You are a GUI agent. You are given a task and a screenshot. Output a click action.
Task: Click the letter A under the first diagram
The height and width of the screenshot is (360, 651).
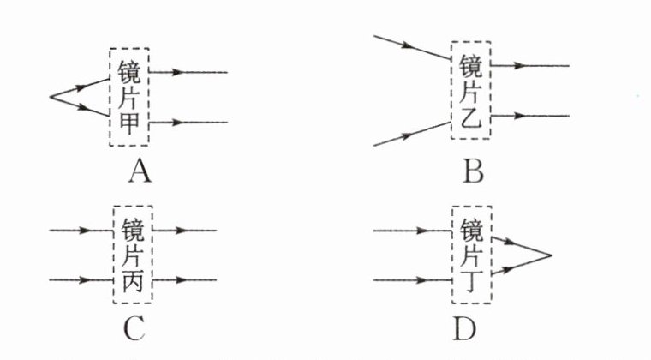click(139, 174)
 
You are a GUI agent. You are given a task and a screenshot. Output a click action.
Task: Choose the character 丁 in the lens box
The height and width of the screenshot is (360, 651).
click(473, 279)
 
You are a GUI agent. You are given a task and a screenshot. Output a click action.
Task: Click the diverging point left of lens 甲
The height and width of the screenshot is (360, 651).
click(51, 97)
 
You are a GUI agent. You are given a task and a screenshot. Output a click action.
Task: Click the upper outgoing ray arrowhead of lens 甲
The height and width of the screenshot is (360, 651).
click(177, 73)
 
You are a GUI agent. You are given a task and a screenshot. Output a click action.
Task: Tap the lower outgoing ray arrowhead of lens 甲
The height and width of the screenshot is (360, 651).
click(177, 123)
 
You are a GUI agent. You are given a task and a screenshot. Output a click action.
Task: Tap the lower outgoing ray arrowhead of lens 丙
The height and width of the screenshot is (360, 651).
click(181, 279)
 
